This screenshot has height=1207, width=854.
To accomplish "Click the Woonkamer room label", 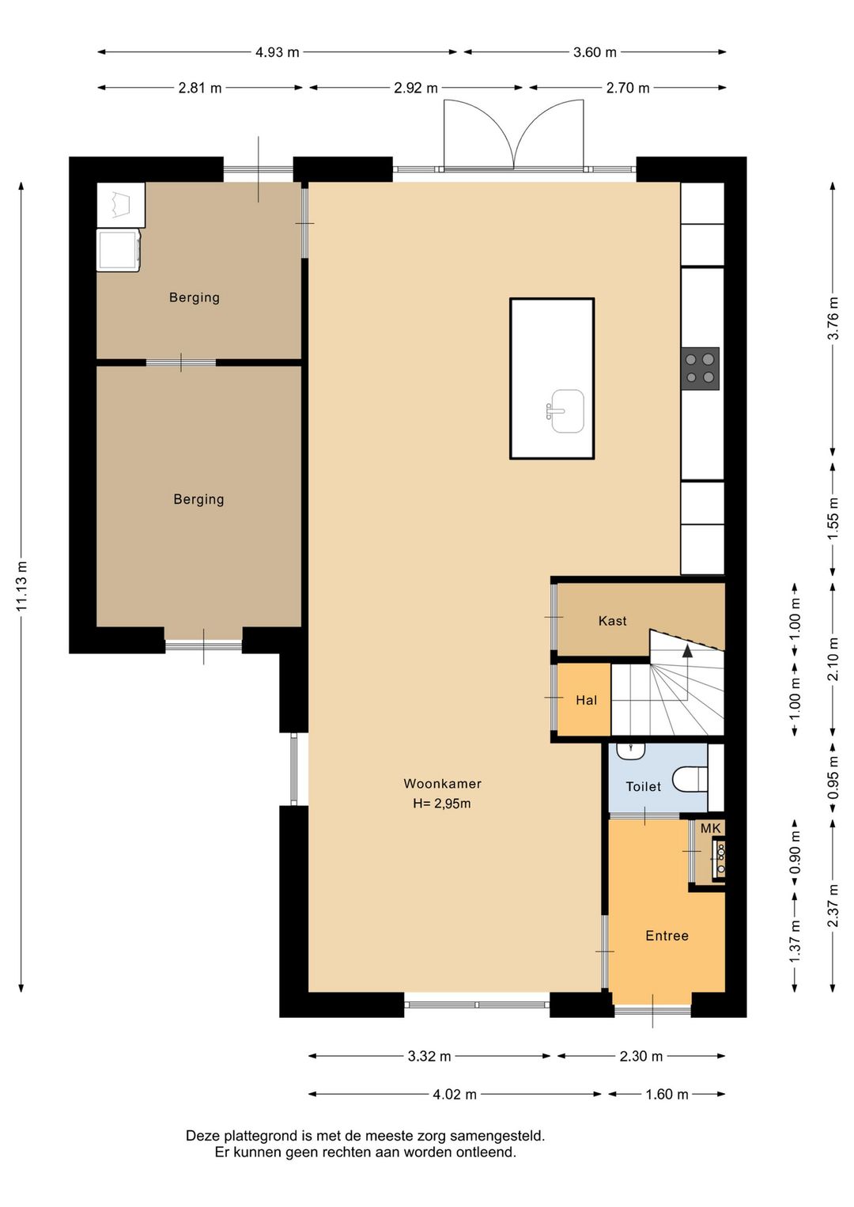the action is click(x=442, y=784).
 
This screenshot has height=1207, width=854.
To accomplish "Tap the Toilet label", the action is click(x=644, y=787).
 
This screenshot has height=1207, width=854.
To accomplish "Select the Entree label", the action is click(x=667, y=936).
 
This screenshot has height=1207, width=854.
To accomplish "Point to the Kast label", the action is click(x=613, y=621).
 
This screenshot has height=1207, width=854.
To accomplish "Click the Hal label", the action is click(x=586, y=700).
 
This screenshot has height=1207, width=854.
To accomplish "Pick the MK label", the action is click(x=710, y=828).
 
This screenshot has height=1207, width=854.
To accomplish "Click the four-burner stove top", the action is click(x=700, y=369).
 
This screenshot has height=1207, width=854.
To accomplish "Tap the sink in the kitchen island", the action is click(x=565, y=411).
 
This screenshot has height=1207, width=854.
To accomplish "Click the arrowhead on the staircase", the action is click(x=687, y=651).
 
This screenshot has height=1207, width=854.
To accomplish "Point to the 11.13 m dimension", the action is click(x=21, y=586).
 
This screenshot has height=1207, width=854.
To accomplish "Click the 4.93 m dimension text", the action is click(x=277, y=52).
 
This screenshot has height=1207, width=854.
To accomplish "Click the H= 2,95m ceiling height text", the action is click(x=442, y=804).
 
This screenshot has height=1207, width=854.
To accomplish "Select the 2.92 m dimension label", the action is click(x=415, y=88).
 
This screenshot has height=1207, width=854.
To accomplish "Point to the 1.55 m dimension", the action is click(x=833, y=518).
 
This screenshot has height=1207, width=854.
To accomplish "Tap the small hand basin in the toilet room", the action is click(x=631, y=751).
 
